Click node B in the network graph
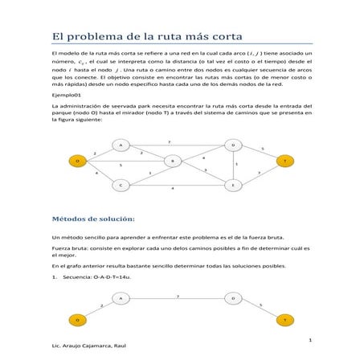coord(173,161)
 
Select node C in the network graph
coord(121,185)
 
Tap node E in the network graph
coord(234,185)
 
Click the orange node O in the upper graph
coord(77,161)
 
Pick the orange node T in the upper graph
coord(284,161)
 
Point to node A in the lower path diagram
coord(121,298)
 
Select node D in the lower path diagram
coord(234,298)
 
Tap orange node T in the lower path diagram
coord(284,321)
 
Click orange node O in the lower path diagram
coord(77,321)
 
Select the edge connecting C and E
coord(177,185)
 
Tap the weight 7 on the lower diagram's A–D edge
coord(177,295)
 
